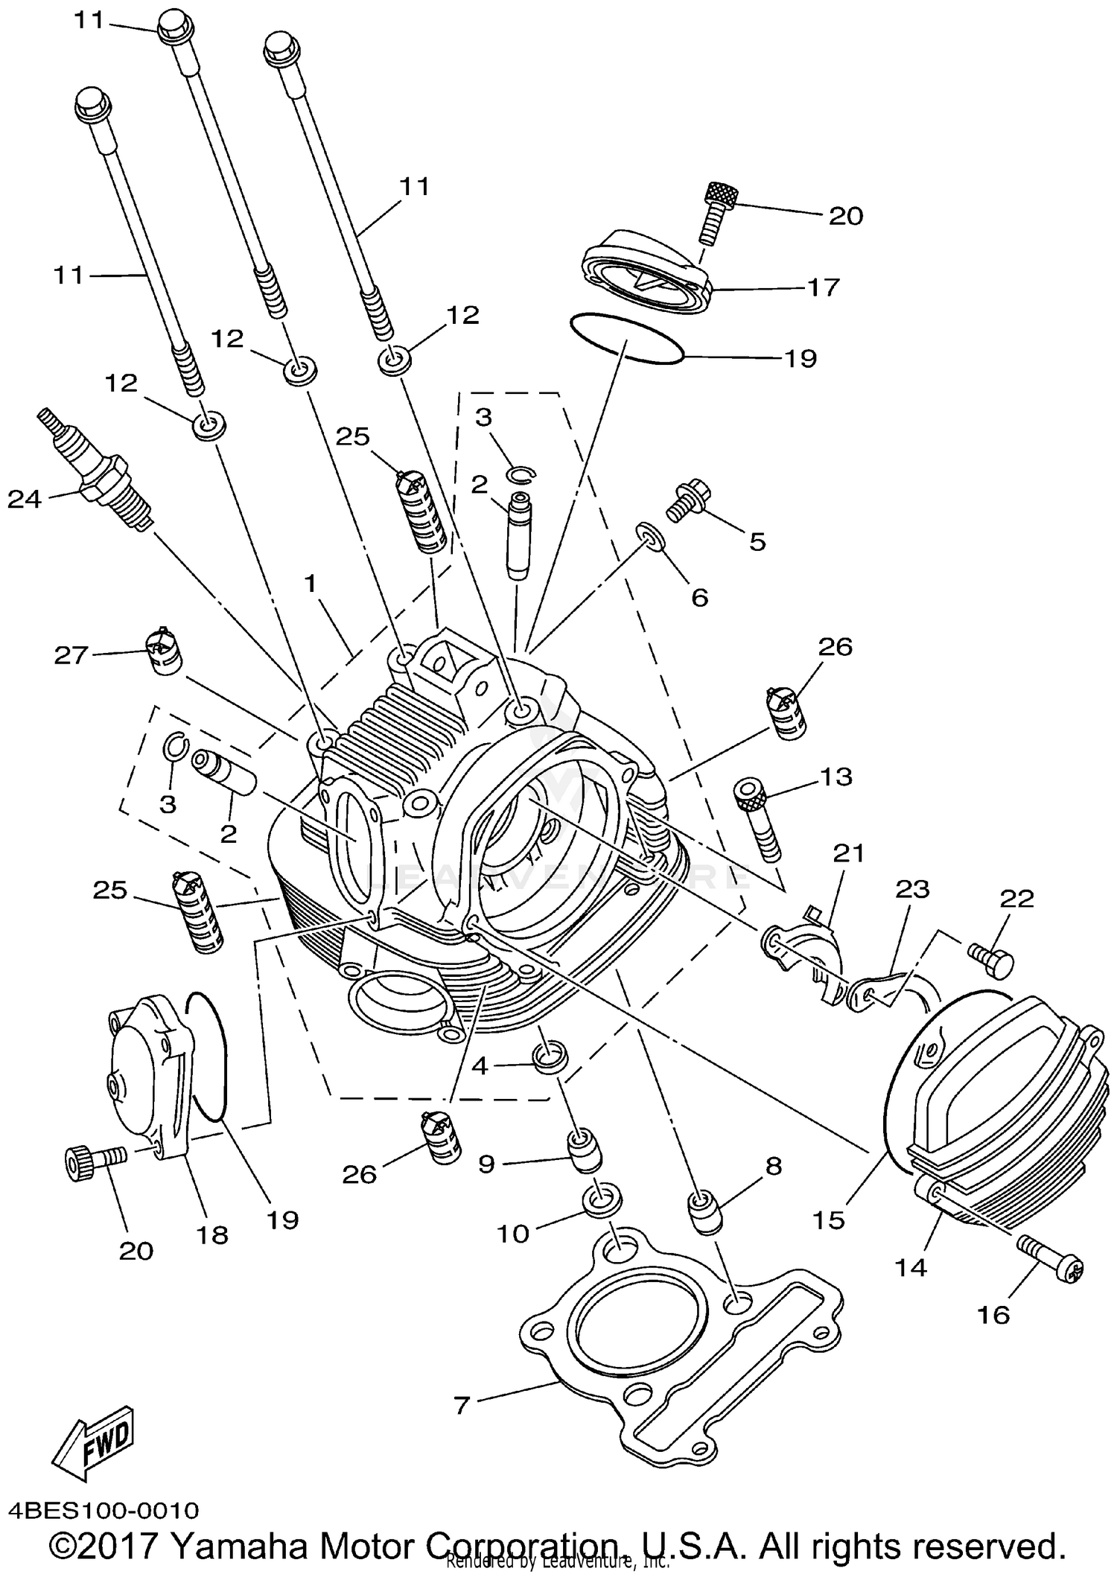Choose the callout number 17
click(824, 287)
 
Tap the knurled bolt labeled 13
click(758, 822)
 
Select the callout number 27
click(71, 655)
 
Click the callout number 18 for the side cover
click(211, 1235)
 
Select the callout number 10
click(512, 1234)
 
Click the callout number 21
click(848, 853)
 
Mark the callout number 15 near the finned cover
click(829, 1220)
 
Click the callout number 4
click(480, 1066)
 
